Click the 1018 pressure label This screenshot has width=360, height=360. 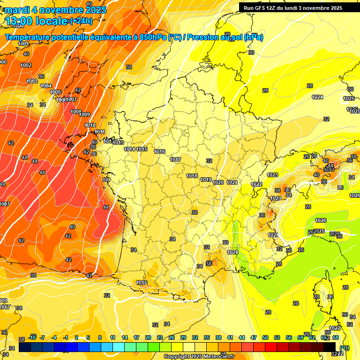[192, 176]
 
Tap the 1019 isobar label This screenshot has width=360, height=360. [206, 180]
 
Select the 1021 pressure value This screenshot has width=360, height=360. [232, 182]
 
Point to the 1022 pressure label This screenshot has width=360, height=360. [256, 184]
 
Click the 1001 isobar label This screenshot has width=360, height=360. [23, 44]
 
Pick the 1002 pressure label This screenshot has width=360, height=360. [26, 65]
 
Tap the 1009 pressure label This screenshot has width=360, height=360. [84, 115]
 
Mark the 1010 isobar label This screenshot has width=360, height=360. [90, 126]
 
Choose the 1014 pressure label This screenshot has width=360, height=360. [129, 149]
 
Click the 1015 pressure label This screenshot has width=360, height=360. [142, 149]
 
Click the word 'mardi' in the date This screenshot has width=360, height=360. [17, 10]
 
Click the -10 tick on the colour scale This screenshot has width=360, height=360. [32, 337]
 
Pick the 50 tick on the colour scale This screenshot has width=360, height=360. [265, 337]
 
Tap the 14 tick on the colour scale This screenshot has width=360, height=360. [125, 337]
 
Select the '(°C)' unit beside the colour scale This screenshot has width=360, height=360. [345, 347]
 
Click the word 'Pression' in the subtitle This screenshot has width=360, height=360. [203, 37]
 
